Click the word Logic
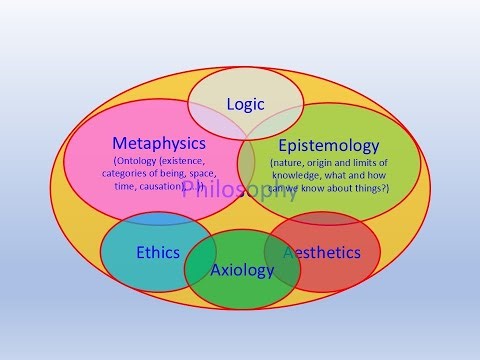tap(245, 104)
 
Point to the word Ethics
tap(158, 252)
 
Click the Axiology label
tap(242, 270)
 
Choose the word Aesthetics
tap(322, 252)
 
